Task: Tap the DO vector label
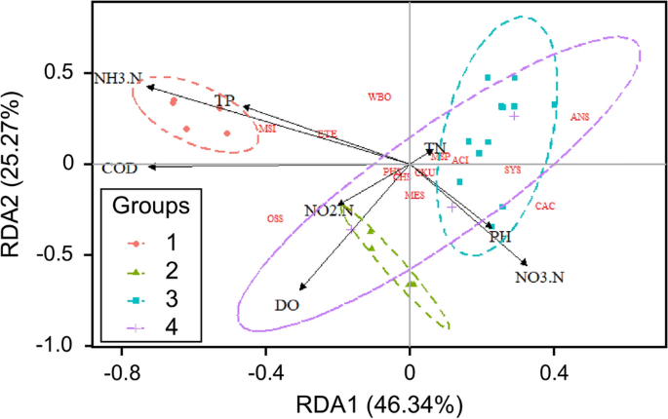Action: point(287,306)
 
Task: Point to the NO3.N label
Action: point(538,278)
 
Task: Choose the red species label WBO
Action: point(379,97)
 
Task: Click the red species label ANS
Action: point(580,117)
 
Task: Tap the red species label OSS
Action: point(275,219)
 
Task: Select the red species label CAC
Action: point(545,206)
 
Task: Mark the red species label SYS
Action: point(513,170)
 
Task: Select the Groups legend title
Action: point(157,207)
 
